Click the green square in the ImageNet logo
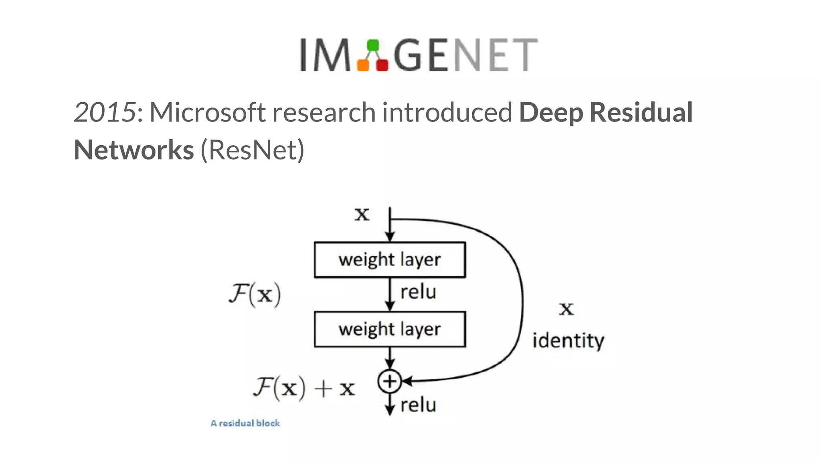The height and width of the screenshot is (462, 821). coord(373,45)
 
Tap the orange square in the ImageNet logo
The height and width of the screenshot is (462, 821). coord(363,65)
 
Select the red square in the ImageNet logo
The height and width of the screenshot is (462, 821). coord(382,65)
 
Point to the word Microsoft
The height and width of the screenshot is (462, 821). coord(207,112)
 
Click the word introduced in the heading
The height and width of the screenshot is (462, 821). coord(447,112)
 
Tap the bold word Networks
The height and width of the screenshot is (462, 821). coord(134,150)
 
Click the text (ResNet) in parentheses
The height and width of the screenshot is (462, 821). coord(253,150)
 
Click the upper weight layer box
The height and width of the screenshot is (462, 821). coord(390,259)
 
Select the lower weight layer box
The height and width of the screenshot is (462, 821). coord(390,329)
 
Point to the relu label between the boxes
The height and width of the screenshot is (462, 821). coord(418,292)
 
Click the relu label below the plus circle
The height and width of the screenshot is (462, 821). coord(418,405)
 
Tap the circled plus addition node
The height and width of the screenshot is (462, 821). coord(389,381)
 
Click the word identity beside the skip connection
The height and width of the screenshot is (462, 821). coord(568,341)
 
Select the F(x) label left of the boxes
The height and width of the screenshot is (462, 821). coord(255,295)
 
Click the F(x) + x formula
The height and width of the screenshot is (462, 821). coord(304,388)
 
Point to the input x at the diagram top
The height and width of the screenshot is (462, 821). coord(362,214)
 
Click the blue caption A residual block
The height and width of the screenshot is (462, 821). coord(245,423)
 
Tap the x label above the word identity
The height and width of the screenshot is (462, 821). coord(566,309)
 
